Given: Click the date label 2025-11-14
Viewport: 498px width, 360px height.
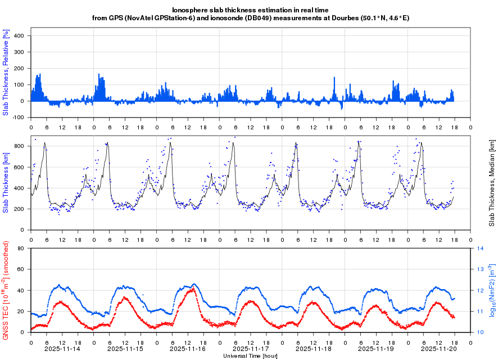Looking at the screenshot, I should (x=62, y=349).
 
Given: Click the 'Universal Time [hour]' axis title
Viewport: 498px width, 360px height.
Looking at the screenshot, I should (x=250, y=356).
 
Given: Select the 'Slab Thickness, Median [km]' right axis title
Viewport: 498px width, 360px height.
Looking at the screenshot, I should (x=491, y=183).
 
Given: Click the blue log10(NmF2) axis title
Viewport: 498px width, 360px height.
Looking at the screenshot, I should (x=491, y=290).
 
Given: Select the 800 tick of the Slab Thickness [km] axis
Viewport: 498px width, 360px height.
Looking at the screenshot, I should (x=20, y=146).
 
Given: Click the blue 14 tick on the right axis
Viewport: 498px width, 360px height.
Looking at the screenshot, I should (x=481, y=248).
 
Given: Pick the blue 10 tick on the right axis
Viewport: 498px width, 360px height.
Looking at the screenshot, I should (x=481, y=332).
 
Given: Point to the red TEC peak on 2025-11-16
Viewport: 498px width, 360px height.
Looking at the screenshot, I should (x=193, y=289).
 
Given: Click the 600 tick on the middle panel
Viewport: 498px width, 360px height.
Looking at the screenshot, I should (x=20, y=167).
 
